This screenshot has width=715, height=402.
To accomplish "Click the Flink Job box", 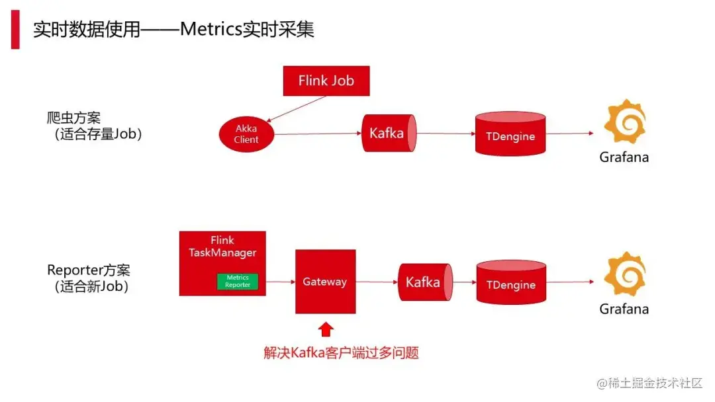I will (326, 81).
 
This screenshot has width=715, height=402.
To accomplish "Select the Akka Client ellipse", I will (246, 134).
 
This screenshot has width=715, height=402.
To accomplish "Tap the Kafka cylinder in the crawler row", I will (389, 133).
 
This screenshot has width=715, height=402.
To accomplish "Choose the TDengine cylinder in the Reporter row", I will (511, 284).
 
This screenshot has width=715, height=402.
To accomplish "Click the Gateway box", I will (325, 281).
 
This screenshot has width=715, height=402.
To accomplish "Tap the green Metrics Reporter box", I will (238, 281).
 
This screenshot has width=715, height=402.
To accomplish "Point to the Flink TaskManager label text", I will (222, 246).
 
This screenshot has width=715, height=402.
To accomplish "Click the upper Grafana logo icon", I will (624, 122).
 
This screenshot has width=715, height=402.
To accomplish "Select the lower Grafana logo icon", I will (624, 274).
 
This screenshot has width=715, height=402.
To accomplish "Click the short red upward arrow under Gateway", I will (325, 329).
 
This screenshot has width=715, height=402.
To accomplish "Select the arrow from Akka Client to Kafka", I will (318, 134).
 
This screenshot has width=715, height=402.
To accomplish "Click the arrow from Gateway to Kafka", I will (376, 282).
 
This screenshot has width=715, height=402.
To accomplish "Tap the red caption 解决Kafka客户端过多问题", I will (341, 352).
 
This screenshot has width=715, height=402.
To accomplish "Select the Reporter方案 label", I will (89, 270).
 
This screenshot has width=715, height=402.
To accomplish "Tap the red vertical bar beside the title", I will (15, 29).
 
